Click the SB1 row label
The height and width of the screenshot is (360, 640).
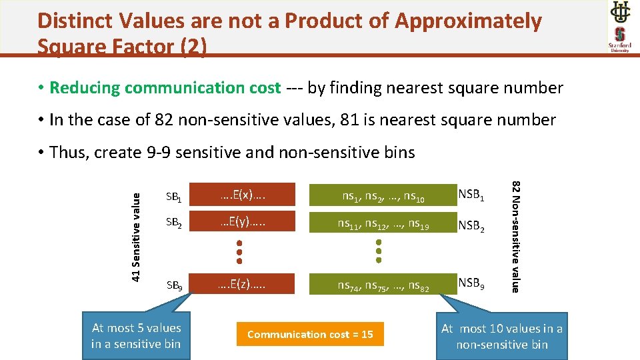(174, 197)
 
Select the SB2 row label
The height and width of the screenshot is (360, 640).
(174, 226)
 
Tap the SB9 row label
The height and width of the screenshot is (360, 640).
(174, 286)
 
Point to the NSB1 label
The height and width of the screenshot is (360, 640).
(471, 195)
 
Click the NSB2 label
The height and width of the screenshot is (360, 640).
(471, 226)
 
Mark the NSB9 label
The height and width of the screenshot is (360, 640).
(471, 284)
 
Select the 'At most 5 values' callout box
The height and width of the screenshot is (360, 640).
(136, 335)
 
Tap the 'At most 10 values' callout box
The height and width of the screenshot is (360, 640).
(501, 336)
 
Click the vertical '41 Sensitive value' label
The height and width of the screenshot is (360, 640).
(136, 236)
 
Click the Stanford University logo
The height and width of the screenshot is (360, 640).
(619, 39)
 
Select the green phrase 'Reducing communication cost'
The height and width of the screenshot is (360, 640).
(165, 88)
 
